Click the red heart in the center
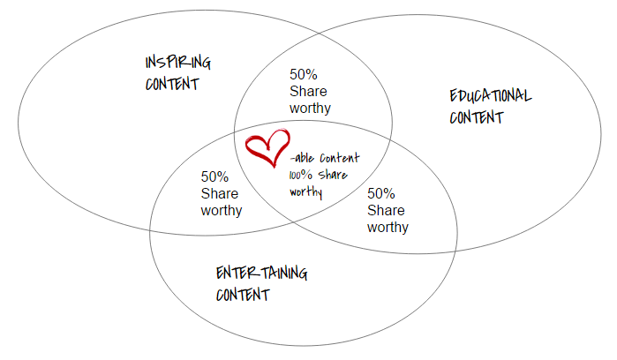tap(267, 148)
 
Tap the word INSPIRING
tap(177, 64)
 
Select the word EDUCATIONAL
tap(490, 96)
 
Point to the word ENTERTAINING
tap(261, 274)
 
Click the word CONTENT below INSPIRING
tap(172, 85)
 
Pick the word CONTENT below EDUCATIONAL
tap(476, 117)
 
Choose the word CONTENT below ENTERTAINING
tap(242, 295)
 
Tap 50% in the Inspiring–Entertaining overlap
tap(214, 177)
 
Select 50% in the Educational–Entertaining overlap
tap(380, 193)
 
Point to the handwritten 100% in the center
tap(299, 175)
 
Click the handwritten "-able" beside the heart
tap(303, 159)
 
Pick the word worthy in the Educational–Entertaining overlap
tap(388, 227)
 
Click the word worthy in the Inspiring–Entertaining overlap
tap(222, 211)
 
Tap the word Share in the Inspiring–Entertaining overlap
tap(220, 194)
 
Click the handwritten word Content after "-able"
tap(339, 159)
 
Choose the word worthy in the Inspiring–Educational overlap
tap(310, 108)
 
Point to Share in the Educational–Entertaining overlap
tap(386, 210)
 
